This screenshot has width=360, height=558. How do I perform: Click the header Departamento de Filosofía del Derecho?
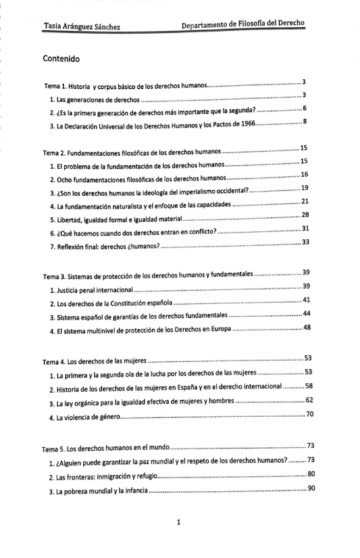coord(243,25)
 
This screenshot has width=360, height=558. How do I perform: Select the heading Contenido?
coord(61,59)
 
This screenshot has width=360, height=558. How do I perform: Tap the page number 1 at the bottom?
coord(179,522)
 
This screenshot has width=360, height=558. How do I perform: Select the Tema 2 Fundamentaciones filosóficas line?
coord(132,153)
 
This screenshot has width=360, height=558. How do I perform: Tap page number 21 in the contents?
coord(304,201)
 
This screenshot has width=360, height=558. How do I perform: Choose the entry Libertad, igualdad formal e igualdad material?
coord(114,216)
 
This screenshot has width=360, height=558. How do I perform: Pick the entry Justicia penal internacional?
coord(91,290)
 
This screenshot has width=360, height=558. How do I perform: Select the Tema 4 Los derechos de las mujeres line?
coord(95,362)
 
